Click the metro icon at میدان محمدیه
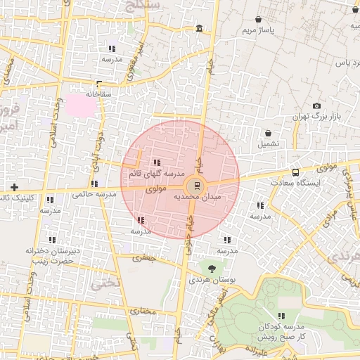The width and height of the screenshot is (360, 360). [x=195, y=186]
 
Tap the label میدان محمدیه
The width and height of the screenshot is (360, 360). [x=196, y=198]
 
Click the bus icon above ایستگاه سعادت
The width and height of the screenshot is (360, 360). [x=295, y=172]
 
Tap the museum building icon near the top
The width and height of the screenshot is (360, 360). [x=200, y=29]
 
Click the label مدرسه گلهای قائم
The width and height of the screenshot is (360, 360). [x=156, y=173]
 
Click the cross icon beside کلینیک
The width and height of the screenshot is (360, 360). [x=14, y=187]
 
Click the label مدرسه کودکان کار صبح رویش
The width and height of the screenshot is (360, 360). [x=281, y=332]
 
